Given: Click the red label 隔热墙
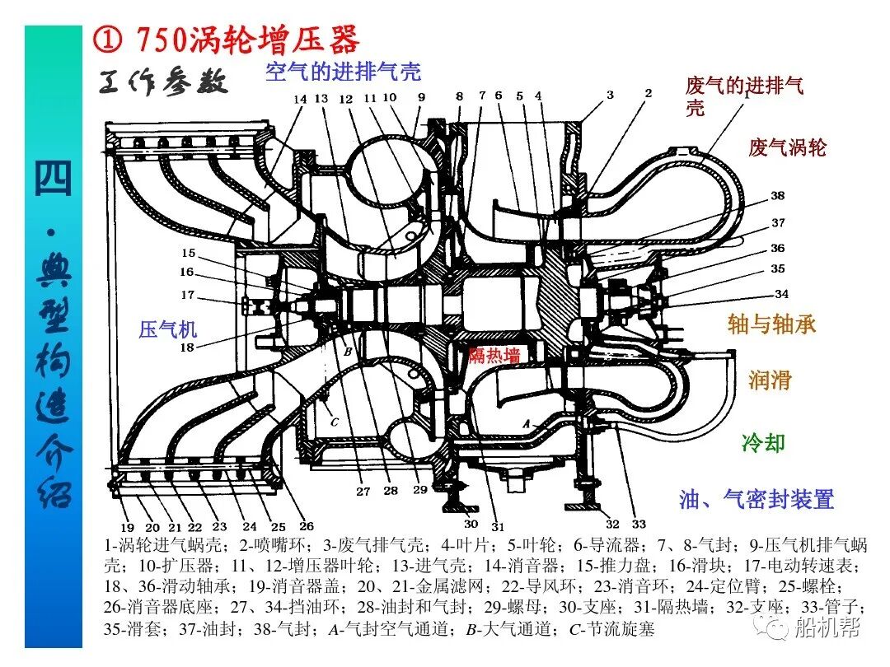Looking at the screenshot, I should (x=494, y=356).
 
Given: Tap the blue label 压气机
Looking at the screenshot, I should (x=168, y=330).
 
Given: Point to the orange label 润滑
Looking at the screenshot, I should (x=770, y=380).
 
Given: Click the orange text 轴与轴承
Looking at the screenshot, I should (x=771, y=324).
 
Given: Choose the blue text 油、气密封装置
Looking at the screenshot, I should (x=756, y=499).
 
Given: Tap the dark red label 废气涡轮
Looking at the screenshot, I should (x=787, y=147).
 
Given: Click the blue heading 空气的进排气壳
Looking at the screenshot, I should (x=343, y=72).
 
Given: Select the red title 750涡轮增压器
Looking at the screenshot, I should (x=247, y=39).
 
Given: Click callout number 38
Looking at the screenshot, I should (x=778, y=196).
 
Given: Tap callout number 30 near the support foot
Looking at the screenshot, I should (x=471, y=524).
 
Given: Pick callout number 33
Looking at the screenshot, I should (x=639, y=524).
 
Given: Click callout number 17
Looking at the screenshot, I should (x=188, y=295).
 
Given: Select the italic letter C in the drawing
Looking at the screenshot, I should (x=334, y=422).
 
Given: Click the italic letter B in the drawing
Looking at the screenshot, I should (x=348, y=352).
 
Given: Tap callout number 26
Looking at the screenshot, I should (x=306, y=527).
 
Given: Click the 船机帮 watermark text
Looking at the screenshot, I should (x=827, y=628).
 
